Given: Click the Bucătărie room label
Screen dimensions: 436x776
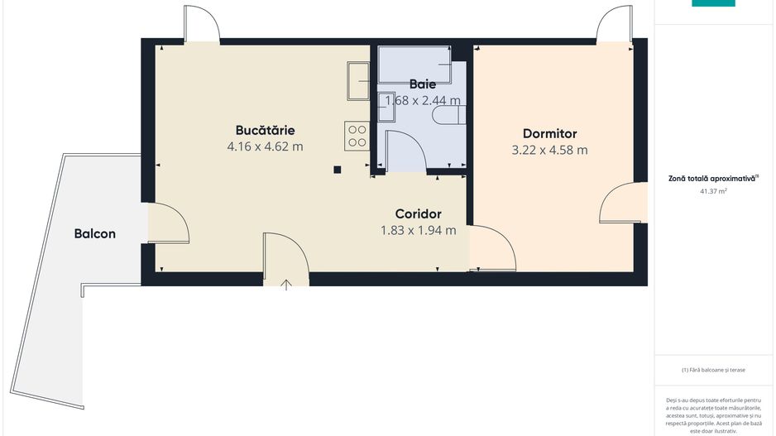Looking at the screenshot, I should click(265, 130).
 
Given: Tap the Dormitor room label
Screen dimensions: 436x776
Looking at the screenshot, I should click(549, 133).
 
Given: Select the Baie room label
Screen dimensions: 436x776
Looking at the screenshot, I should click(422, 84).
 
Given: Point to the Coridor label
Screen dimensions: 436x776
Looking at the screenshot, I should click(418, 213).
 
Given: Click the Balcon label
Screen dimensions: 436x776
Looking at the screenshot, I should click(95, 233).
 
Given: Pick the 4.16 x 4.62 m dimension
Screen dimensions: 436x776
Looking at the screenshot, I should click(265, 146).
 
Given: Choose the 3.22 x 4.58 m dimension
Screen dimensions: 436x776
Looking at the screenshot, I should click(549, 150).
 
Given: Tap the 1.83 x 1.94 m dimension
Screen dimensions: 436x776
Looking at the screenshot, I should click(418, 230).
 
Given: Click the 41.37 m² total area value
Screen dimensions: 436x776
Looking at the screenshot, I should click(713, 191).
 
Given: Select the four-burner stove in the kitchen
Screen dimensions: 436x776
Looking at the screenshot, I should click(357, 135).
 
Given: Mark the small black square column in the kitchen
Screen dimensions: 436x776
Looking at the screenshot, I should click(337, 170).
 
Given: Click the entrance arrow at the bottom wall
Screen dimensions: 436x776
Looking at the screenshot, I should click(286, 285).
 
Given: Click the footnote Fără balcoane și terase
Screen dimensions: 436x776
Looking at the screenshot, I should click(713, 370).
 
